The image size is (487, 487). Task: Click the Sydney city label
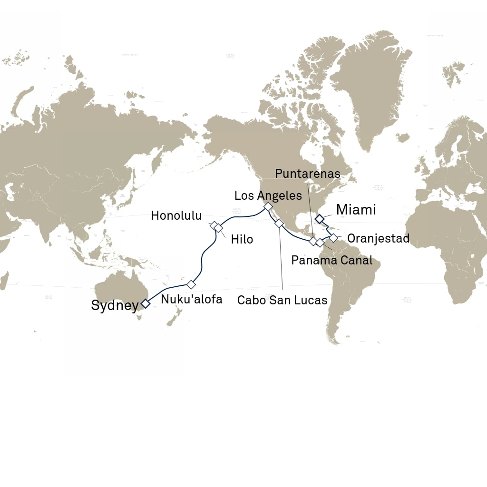pyautogui.click(x=114, y=306)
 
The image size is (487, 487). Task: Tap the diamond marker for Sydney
pyautogui.click(x=146, y=302)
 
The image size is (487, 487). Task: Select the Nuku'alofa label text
pyautogui.click(x=192, y=300)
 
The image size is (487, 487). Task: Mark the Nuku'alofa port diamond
pyautogui.click(x=191, y=284)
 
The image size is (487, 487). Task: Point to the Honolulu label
pyautogui.click(x=176, y=215)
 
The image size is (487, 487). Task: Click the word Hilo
pyautogui.click(x=242, y=239)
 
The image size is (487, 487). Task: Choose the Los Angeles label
pyautogui.click(x=268, y=195)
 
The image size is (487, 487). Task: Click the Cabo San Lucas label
pyautogui.click(x=282, y=300)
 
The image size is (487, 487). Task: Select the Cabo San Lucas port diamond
pyautogui.click(x=279, y=223)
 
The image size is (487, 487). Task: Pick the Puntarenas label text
pyautogui.click(x=308, y=174)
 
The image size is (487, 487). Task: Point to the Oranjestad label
pyautogui.click(x=379, y=238)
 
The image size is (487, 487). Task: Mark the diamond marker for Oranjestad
pyautogui.click(x=333, y=237)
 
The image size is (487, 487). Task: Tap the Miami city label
pyautogui.click(x=356, y=209)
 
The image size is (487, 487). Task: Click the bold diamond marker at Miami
pyautogui.click(x=320, y=219)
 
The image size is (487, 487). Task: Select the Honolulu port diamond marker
pyautogui.click(x=214, y=225)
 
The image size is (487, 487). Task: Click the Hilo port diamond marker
pyautogui.click(x=219, y=228)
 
